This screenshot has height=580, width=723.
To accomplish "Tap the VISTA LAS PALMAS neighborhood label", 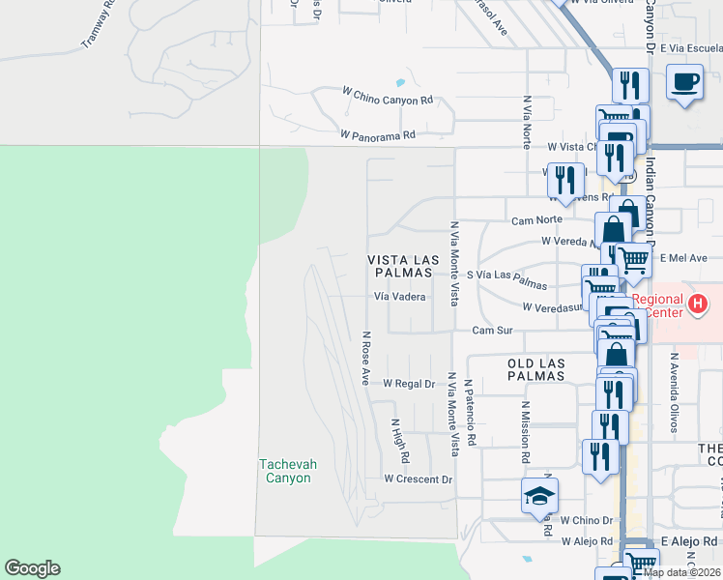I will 403,267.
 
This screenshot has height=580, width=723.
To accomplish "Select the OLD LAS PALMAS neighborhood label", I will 535,369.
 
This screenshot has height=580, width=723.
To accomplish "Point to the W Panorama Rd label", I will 378,135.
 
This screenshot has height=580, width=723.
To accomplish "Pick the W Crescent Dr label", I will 418,478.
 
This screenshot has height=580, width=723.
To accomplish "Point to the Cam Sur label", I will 492,331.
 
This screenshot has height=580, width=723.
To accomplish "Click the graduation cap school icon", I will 540,498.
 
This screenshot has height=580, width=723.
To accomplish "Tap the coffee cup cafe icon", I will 685,83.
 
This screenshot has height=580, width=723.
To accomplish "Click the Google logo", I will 32,568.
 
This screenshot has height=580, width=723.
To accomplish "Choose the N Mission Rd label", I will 526,431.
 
